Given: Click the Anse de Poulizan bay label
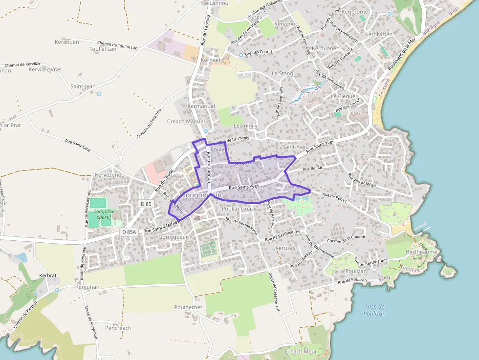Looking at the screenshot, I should (374, 310).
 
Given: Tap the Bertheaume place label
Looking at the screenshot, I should (421, 252).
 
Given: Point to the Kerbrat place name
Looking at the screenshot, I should (48, 275).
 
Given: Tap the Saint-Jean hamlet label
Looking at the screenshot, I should (83, 86).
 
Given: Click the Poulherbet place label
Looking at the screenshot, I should (188, 307).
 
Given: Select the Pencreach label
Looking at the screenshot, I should (118, 328).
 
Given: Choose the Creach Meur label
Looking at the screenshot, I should (301, 351).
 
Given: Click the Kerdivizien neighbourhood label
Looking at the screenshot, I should (379, 34).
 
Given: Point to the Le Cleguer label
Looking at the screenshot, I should (344, 96).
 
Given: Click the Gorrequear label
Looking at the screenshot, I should (173, 237).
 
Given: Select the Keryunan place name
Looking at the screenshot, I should (87, 287).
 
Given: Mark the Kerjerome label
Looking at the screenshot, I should (354, 12).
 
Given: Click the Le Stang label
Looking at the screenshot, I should (283, 73).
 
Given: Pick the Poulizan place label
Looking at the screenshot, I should (356, 271).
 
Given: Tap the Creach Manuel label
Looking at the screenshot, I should (186, 121).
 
